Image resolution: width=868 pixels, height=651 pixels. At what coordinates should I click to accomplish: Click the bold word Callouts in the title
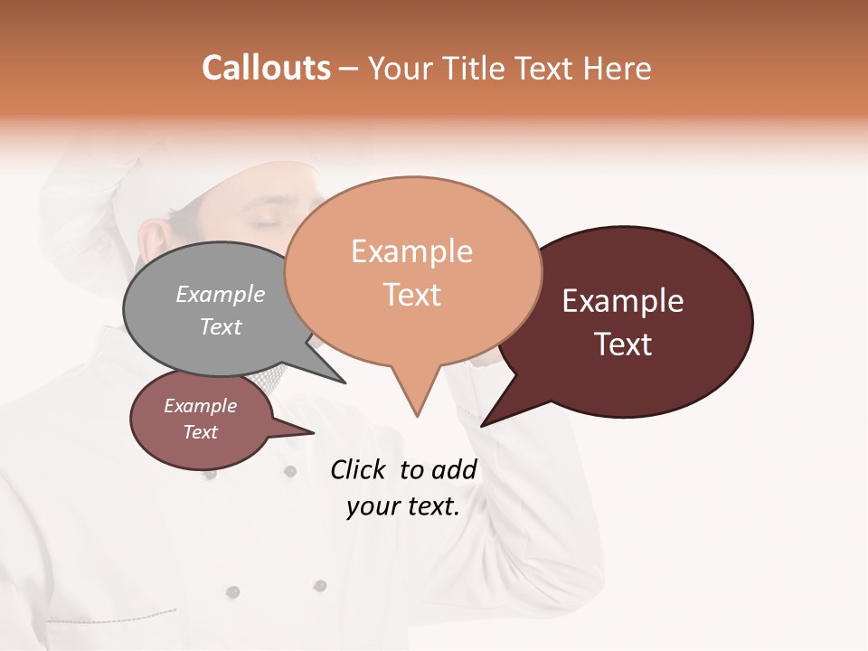pyautogui.click(x=266, y=68)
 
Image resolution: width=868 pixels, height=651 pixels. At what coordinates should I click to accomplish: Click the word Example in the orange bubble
pyautogui.click(x=411, y=250)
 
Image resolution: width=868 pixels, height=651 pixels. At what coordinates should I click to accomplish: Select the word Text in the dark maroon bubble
pyautogui.click(x=623, y=344)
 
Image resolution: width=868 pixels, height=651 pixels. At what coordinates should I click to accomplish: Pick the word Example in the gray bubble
pyautogui.click(x=221, y=294)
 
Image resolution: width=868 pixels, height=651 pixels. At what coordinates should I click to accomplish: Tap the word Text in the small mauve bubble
pyautogui.click(x=201, y=432)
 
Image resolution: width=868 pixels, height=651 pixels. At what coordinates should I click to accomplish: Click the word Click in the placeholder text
pyautogui.click(x=360, y=469)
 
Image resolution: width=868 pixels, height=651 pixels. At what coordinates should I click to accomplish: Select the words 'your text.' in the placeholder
pyautogui.click(x=403, y=506)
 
